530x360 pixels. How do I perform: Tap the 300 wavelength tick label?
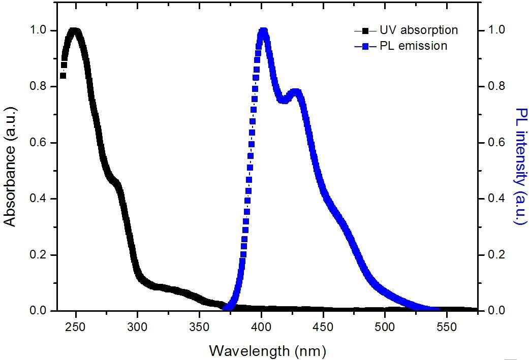[138, 325]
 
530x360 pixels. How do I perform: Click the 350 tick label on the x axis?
[199, 325]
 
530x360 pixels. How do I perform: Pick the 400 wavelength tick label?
[261, 325]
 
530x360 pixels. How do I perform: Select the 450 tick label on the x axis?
[323, 325]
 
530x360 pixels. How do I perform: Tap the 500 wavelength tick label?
[385, 325]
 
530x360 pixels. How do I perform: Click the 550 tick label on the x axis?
[447, 325]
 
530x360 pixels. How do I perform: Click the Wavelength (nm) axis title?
[268, 350]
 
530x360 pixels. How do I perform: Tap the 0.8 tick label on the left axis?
[38, 86]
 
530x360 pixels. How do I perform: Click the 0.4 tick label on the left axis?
[38, 199]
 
